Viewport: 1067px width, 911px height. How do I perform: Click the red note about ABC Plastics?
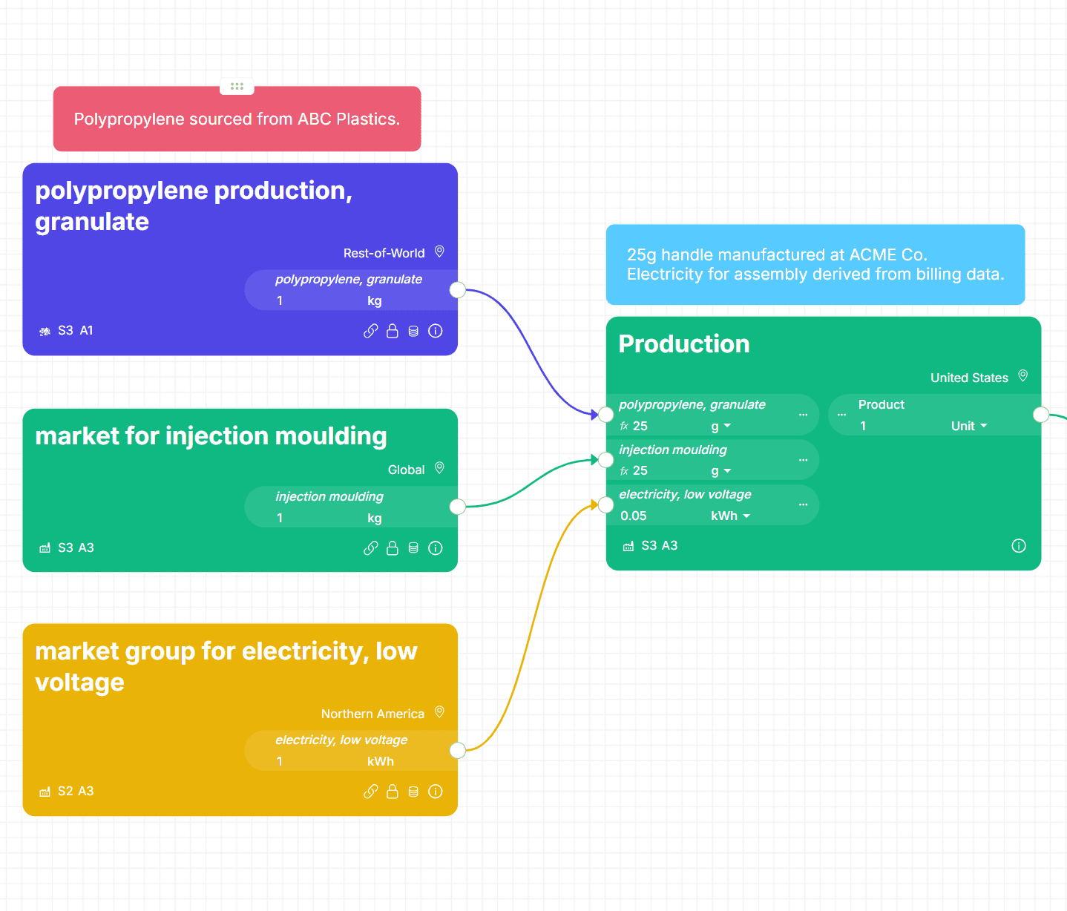click(x=237, y=119)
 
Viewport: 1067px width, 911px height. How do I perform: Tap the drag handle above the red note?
click(x=237, y=87)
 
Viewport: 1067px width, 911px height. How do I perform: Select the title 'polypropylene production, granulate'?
click(x=194, y=205)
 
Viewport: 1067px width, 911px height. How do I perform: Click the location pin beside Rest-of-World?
click(x=439, y=251)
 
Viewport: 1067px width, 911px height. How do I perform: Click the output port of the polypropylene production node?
click(x=458, y=290)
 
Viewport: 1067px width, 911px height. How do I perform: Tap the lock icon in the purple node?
click(x=393, y=331)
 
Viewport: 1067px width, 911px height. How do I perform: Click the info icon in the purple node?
click(x=436, y=331)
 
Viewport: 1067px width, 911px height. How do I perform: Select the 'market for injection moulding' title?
click(x=211, y=436)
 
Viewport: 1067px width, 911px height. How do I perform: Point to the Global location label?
click(x=406, y=470)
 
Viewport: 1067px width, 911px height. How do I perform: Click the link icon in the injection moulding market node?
click(x=370, y=548)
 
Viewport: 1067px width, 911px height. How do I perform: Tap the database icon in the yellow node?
click(x=413, y=792)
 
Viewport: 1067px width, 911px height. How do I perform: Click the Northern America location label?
click(x=372, y=714)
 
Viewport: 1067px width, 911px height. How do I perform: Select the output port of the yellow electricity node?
click(x=458, y=750)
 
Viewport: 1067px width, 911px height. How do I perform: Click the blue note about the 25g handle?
click(x=815, y=265)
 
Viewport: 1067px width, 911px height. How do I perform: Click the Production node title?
click(x=683, y=344)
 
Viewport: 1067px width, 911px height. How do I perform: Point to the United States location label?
click(x=969, y=378)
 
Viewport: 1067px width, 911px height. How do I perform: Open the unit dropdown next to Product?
click(x=969, y=426)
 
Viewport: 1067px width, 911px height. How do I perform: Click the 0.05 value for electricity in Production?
click(x=634, y=516)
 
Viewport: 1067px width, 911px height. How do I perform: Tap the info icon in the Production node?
click(x=1019, y=546)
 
